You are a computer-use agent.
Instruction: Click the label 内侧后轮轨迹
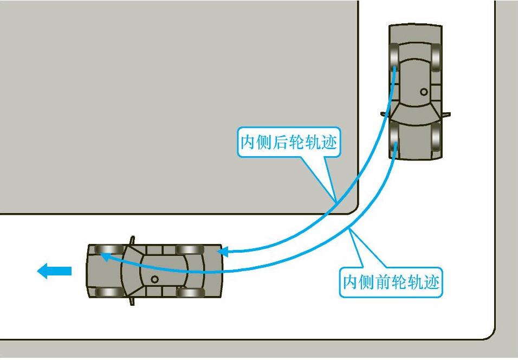coord(289,143)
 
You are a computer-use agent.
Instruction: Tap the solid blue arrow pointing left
coord(54,271)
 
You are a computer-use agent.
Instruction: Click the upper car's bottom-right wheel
coord(436,138)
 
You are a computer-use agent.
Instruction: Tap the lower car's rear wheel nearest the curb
coord(190,250)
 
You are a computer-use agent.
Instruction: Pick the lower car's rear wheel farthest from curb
coord(190,293)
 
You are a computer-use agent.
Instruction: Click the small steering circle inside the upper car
coord(424,92)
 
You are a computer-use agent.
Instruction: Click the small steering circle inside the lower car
coord(154,279)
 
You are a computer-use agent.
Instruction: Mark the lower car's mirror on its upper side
coord(132,240)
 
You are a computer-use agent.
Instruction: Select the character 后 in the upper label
coord(281,143)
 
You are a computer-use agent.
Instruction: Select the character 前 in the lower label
coord(383,282)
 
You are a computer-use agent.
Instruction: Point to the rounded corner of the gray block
coord(353,209)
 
